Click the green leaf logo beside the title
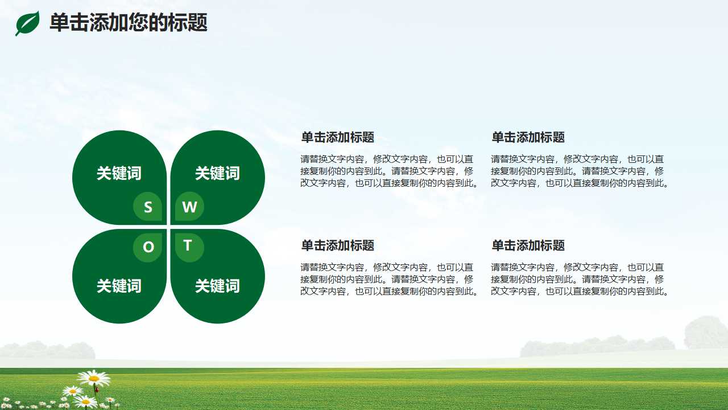pyautogui.click(x=27, y=23)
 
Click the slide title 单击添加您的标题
pyautogui.click(x=128, y=23)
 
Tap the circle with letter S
pyautogui.click(x=148, y=207)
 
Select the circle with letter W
pyautogui.click(x=189, y=207)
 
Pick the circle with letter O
pyautogui.click(x=148, y=247)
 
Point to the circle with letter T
pyautogui.click(x=189, y=247)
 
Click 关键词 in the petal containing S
pyautogui.click(x=119, y=173)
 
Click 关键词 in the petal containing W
pyautogui.click(x=217, y=173)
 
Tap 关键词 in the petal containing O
pyautogui.click(x=119, y=286)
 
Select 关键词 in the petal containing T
pyautogui.click(x=217, y=286)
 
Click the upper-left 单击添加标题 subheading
pyautogui.click(x=337, y=137)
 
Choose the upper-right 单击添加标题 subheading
pyautogui.click(x=528, y=137)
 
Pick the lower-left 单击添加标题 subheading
pyautogui.click(x=337, y=245)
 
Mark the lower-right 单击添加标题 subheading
pyautogui.click(x=528, y=245)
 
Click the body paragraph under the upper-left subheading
pyautogui.click(x=390, y=171)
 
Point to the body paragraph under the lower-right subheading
pyautogui.click(x=580, y=279)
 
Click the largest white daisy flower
pyautogui.click(x=94, y=378)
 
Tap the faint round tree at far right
pyautogui.click(x=705, y=333)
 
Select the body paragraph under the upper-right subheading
pyautogui.click(x=580, y=171)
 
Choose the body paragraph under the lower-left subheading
pyautogui.click(x=390, y=279)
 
